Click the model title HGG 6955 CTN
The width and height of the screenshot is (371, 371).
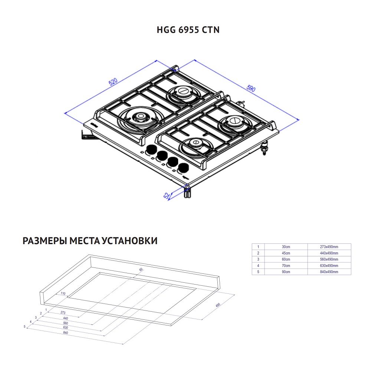[x=188, y=30]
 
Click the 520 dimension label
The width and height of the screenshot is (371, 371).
[x=113, y=82]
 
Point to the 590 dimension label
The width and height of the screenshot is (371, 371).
[x=251, y=89]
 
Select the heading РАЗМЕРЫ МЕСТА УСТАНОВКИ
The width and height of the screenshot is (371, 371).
[x=90, y=241]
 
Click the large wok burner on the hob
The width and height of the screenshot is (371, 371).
[x=141, y=118]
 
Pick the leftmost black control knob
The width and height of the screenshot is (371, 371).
[x=151, y=150]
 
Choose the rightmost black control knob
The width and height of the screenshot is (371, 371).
[x=183, y=168]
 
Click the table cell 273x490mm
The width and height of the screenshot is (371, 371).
[x=329, y=247]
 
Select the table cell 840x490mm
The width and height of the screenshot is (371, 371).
[x=329, y=272]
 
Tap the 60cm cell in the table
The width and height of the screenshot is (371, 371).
[x=286, y=259]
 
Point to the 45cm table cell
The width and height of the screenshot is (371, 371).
[x=286, y=253]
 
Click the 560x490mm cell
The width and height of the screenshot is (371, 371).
[x=329, y=259]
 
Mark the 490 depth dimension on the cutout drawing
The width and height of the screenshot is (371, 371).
[x=218, y=305]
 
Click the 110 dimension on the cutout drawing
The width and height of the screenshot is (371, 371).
[x=63, y=293]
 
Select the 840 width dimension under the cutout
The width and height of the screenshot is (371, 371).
[x=66, y=332]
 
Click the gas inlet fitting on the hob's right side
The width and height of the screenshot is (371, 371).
[x=265, y=148]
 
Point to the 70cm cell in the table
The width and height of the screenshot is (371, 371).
[x=286, y=266]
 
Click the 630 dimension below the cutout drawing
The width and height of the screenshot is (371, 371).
[x=66, y=327]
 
